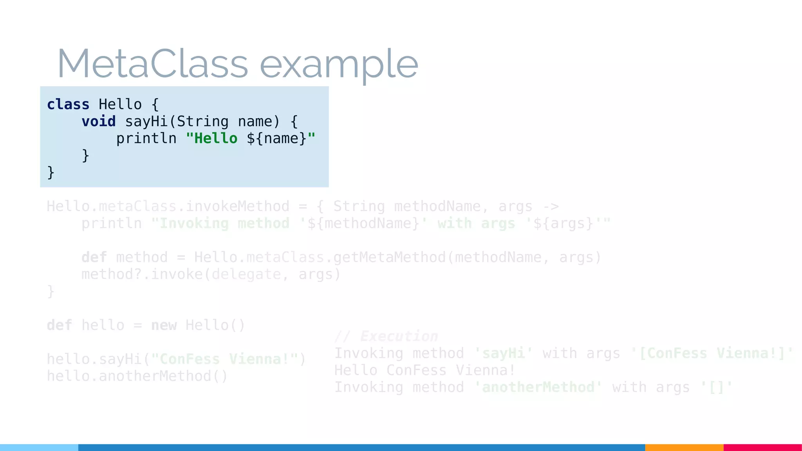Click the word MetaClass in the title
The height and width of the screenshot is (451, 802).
click(153, 64)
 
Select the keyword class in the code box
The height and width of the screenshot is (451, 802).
click(68, 105)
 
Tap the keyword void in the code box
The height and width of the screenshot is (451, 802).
click(98, 121)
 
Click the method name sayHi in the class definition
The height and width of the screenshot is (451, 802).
click(146, 121)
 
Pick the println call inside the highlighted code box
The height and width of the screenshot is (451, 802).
click(146, 139)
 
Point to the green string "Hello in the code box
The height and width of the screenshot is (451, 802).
click(212, 139)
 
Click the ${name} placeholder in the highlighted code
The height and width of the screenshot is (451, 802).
click(276, 139)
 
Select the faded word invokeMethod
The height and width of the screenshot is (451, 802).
click(237, 206)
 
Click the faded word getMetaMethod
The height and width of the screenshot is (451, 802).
click(389, 257)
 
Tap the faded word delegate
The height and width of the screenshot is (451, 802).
click(246, 274)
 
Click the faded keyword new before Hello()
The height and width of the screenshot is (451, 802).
click(164, 325)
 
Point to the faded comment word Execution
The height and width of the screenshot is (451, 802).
click(399, 336)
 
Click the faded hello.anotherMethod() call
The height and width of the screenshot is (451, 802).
click(137, 376)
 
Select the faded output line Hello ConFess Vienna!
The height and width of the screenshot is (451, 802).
click(424, 370)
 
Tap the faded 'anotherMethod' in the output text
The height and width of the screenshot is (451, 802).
click(538, 387)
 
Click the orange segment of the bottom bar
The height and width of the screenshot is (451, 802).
click(684, 447)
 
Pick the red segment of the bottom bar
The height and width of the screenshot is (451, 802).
click(762, 447)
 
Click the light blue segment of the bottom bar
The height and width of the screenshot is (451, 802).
click(39, 447)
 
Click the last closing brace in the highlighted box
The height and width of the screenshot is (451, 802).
click(51, 173)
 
